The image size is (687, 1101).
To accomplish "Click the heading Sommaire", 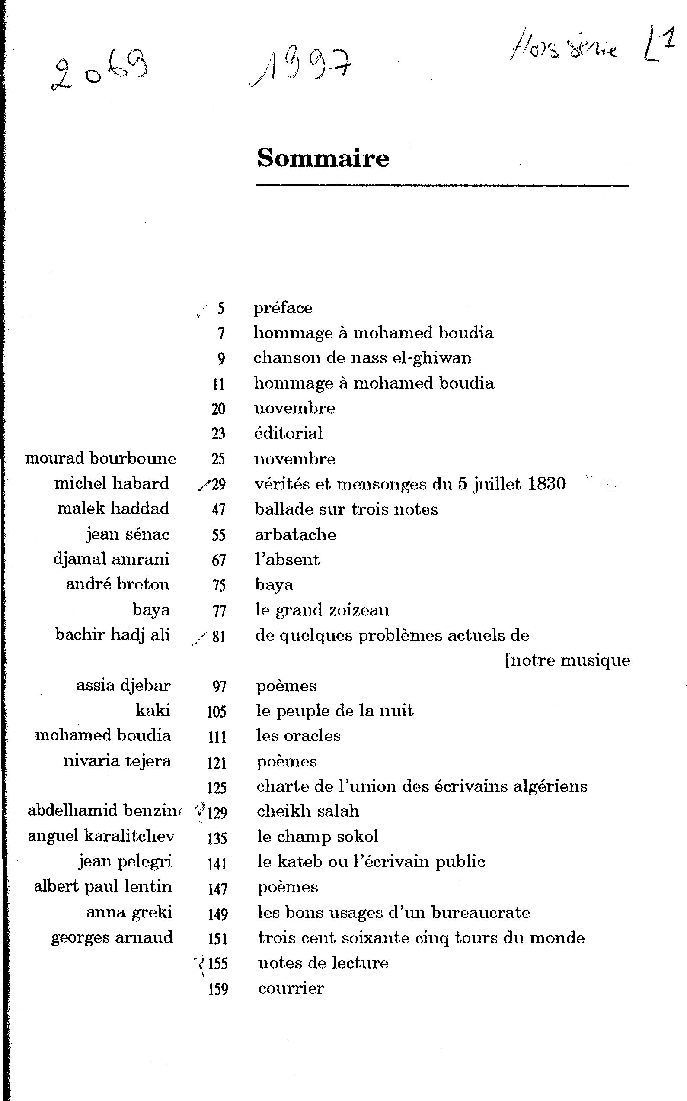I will (x=323, y=158).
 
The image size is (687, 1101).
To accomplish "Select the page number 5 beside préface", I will (x=221, y=309).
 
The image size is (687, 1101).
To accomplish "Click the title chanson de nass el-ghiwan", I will (x=362, y=358).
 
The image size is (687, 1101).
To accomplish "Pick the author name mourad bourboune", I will (x=100, y=458).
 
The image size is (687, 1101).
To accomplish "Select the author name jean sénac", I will (x=128, y=534).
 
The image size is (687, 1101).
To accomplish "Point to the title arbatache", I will (x=295, y=534).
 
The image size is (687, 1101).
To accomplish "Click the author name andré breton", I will (x=118, y=584).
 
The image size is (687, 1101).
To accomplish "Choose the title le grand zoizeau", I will (x=322, y=610).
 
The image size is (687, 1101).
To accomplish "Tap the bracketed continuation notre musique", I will (x=568, y=660).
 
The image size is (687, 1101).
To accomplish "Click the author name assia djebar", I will (x=123, y=686).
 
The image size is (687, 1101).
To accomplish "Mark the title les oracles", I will (x=298, y=736).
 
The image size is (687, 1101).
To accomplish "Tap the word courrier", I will (x=291, y=988).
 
